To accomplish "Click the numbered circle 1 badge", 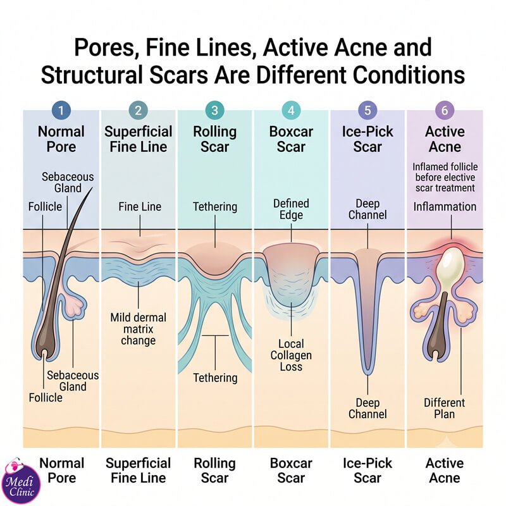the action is pyautogui.click(x=61, y=110).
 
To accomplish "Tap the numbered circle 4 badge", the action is pyautogui.click(x=291, y=110).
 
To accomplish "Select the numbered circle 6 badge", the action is pyautogui.click(x=445, y=110).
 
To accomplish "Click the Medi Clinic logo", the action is pyautogui.click(x=21, y=481).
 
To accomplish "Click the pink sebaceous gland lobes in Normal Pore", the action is pyautogui.click(x=76, y=304).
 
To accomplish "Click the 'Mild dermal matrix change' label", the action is pyautogui.click(x=138, y=329).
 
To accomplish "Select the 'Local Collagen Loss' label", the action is pyautogui.click(x=291, y=355).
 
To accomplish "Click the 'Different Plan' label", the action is pyautogui.click(x=445, y=408).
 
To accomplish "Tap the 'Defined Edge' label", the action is pyautogui.click(x=291, y=209).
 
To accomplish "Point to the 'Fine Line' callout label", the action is pyautogui.click(x=140, y=207).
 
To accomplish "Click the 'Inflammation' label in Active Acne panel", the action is pyautogui.click(x=445, y=207).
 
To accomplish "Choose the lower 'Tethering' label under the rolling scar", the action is pyautogui.click(x=215, y=378).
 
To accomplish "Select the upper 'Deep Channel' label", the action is pyautogui.click(x=367, y=209).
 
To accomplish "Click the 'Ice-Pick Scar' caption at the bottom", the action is pyautogui.click(x=367, y=471).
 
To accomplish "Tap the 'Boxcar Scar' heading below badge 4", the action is pyautogui.click(x=291, y=139).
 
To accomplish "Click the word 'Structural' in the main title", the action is pyautogui.click(x=91, y=75).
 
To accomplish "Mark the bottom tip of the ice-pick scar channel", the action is pyautogui.click(x=367, y=374).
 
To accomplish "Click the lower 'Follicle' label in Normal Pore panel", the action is pyautogui.click(x=46, y=398).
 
